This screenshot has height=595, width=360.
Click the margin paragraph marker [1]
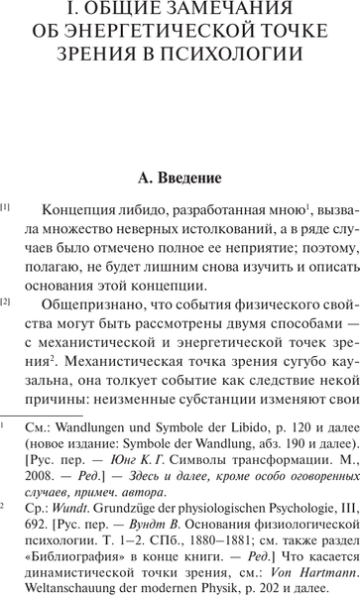pos(7,208)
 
